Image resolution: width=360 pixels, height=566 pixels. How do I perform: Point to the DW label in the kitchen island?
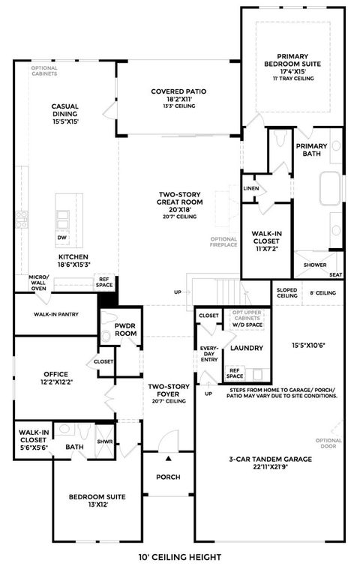(x=61, y=238)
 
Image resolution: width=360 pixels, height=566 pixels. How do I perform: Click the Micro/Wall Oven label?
(x=38, y=283)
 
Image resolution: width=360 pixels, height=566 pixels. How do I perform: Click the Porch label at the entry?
(x=168, y=476)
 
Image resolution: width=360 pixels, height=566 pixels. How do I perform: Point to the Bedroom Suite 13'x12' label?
(x=97, y=501)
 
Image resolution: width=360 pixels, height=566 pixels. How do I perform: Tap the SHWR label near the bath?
(x=104, y=443)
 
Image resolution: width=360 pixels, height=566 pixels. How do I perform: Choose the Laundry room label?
(x=245, y=348)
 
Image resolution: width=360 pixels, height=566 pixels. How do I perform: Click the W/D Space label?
(x=247, y=325)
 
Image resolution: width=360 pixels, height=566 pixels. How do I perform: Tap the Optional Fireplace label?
(x=223, y=241)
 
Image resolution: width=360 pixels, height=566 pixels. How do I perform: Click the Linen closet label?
(x=251, y=188)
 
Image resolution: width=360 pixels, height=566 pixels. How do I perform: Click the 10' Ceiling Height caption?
(x=180, y=556)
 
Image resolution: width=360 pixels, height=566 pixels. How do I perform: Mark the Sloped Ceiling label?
(x=288, y=292)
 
